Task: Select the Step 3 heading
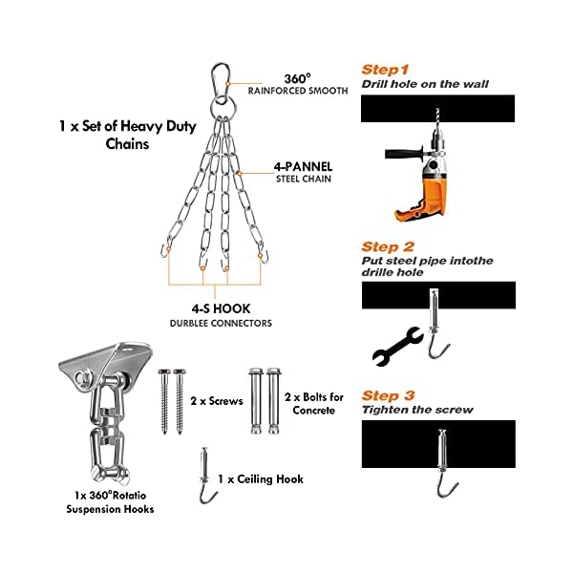[388, 395]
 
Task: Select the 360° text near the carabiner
[297, 78]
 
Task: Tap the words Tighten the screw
[417, 410]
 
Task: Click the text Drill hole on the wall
[425, 84]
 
